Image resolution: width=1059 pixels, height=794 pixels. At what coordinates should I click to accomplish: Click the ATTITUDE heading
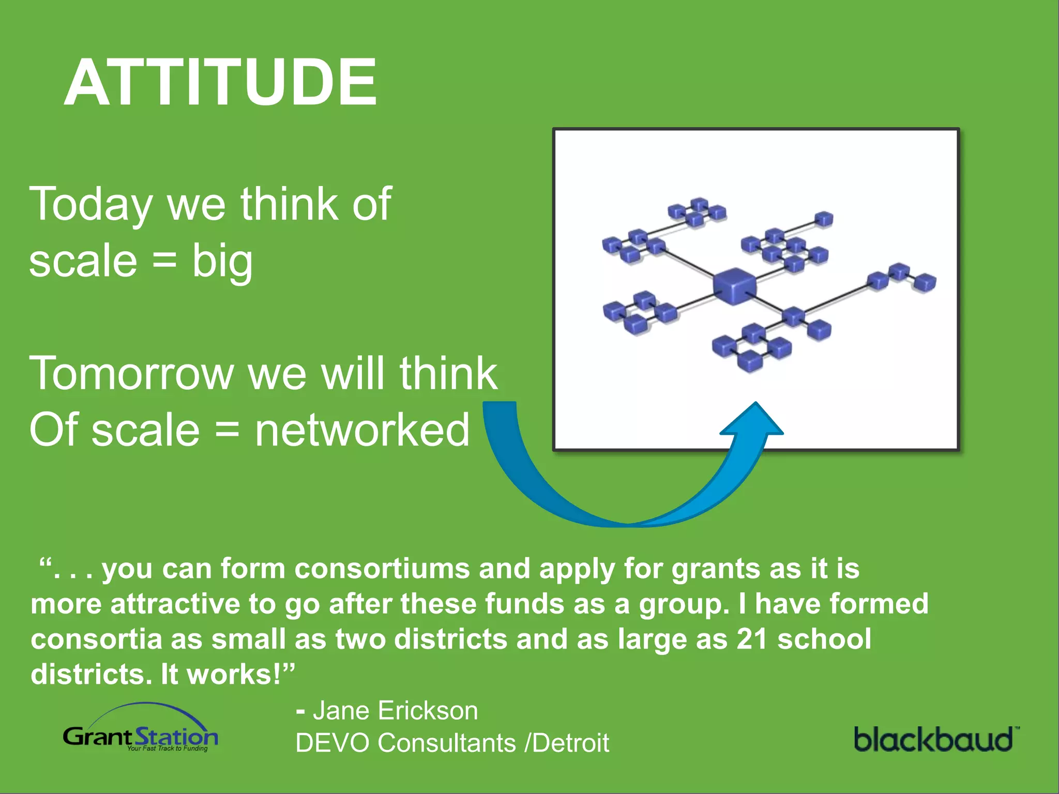click(x=221, y=83)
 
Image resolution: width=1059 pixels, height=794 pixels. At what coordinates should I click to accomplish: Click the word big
click(x=222, y=262)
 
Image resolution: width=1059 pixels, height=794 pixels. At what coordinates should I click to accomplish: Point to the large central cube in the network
click(x=734, y=285)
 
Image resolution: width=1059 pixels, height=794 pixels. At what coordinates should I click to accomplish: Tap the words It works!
click(x=228, y=675)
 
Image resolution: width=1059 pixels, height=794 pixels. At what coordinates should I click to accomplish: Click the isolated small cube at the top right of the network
click(x=823, y=219)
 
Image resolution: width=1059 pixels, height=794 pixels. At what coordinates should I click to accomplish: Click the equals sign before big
click(x=165, y=262)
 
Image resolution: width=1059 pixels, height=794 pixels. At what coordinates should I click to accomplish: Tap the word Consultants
click(x=447, y=743)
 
